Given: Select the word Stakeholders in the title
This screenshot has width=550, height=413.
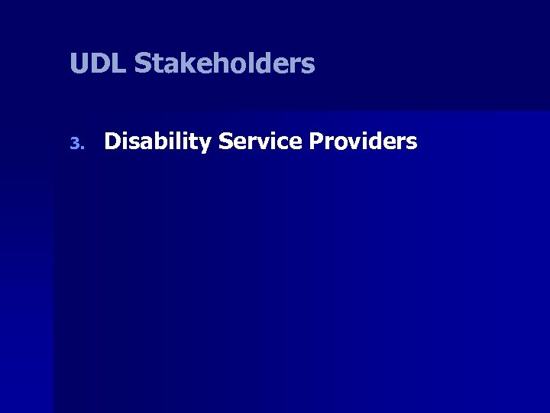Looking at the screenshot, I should pos(224,63).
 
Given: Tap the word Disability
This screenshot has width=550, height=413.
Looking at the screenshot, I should pos(157,141).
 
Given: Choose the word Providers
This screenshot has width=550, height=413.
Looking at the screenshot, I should pos(364,141).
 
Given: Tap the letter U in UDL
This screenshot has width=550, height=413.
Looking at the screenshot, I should pos(78,63).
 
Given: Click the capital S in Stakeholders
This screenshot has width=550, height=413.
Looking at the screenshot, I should pos(143,63).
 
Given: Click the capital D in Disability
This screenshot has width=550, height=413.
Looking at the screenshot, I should pos(112,141).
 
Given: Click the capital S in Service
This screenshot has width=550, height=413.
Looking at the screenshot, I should pos(225,141).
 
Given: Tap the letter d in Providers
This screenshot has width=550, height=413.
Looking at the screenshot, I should pos(378,141).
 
